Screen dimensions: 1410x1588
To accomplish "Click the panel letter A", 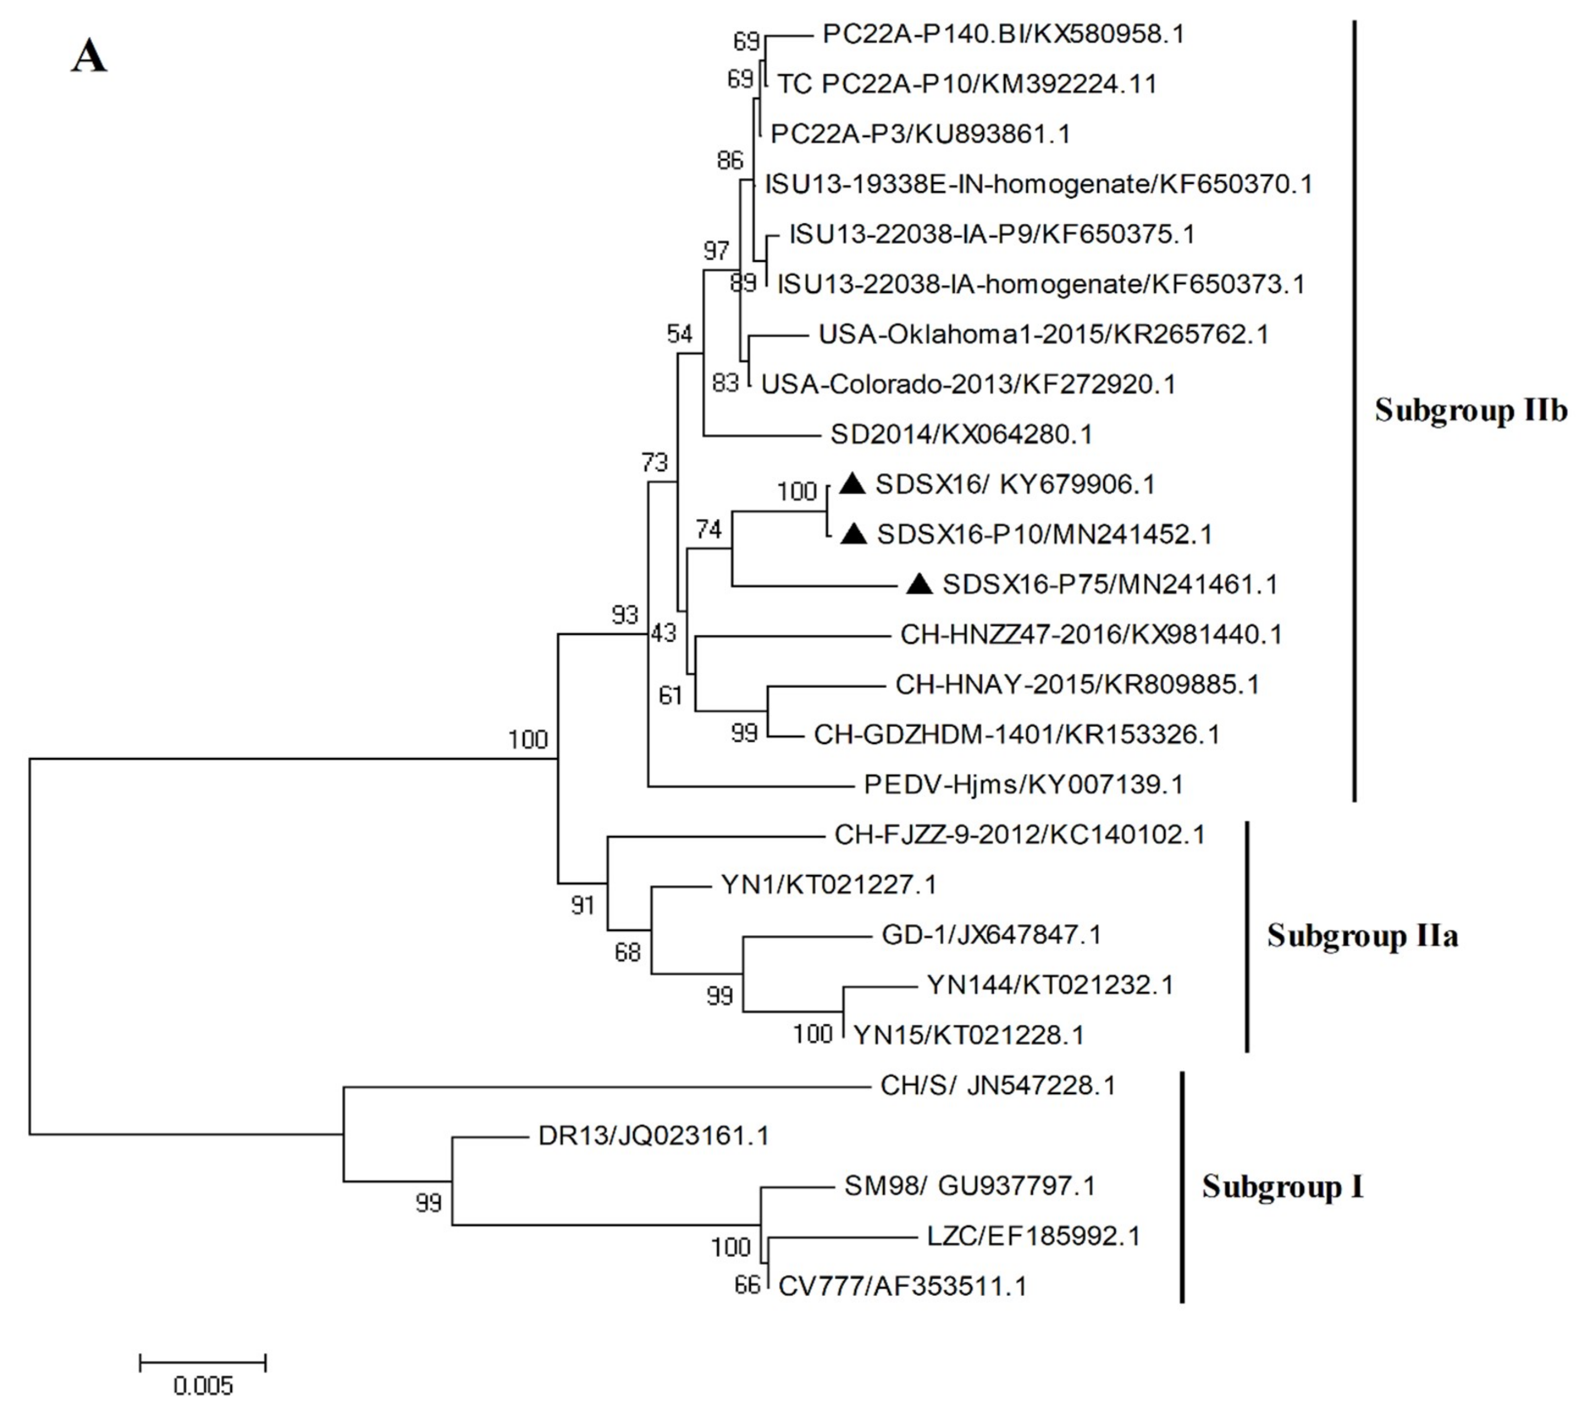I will (x=89, y=57).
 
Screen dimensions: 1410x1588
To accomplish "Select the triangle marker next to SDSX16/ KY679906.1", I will (x=852, y=485).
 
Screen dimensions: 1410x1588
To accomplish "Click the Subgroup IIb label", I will (x=1470, y=410).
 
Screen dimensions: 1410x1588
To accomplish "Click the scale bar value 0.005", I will (x=203, y=1385).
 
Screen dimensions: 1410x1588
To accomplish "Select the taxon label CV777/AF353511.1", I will (x=902, y=1287).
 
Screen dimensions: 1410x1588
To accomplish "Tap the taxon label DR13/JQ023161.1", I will (x=653, y=1136).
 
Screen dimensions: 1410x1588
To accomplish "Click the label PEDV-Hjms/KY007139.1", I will (x=1023, y=784).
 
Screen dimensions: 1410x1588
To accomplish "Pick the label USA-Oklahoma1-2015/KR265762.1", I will (x=1043, y=335).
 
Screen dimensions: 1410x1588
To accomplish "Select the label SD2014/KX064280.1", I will (x=961, y=434).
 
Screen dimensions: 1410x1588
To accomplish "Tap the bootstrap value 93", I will (x=625, y=615).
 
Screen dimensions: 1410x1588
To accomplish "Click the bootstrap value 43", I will (x=663, y=633).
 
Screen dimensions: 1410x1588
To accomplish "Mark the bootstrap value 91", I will (x=583, y=904).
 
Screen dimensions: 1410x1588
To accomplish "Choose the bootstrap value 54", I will (x=680, y=334).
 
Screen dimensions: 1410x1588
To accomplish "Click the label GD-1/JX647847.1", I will (x=992, y=935).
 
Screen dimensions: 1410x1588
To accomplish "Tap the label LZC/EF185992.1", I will (x=1033, y=1236).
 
